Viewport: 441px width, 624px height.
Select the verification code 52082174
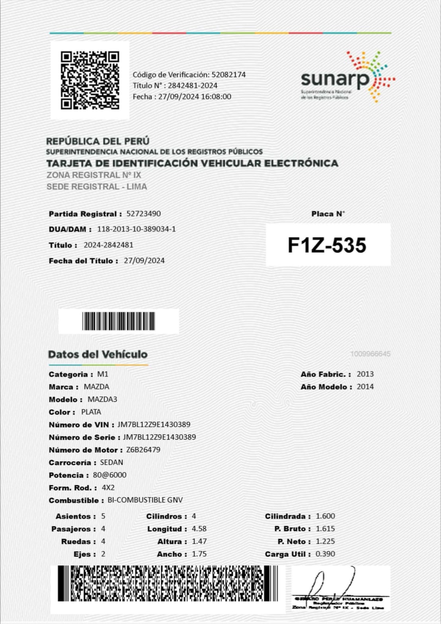[x=228, y=74]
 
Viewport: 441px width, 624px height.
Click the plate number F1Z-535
[x=327, y=245]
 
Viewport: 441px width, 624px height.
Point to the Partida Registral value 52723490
[x=144, y=214]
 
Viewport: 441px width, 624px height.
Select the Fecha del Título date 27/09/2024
[x=144, y=261]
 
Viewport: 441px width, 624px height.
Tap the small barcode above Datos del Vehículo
[x=119, y=321]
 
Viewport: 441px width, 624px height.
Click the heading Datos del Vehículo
[x=98, y=354]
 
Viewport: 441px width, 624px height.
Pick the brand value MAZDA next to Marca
[x=96, y=386]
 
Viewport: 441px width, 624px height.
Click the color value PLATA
[x=91, y=412]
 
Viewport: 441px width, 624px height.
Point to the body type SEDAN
[x=111, y=462]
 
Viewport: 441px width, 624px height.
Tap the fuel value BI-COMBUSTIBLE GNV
[x=145, y=500]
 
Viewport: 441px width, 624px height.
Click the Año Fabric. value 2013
[x=365, y=374]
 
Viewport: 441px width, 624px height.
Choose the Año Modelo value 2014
[x=365, y=386]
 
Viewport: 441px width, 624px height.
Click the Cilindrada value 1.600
[x=325, y=516]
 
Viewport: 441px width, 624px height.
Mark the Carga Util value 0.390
[x=325, y=554]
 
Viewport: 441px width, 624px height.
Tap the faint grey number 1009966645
[x=371, y=354]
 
